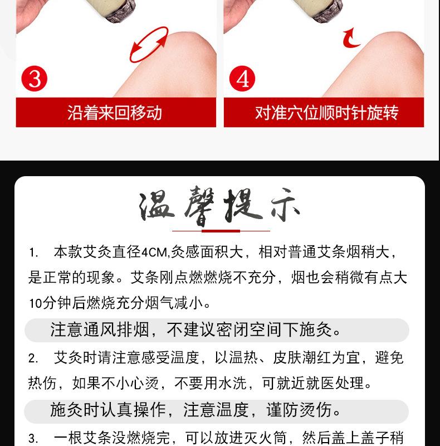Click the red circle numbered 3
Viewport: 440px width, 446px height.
(35, 79)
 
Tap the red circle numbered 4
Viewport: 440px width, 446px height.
(242, 79)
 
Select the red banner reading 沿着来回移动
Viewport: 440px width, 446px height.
(115, 113)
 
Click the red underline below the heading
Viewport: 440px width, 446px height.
(221, 230)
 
